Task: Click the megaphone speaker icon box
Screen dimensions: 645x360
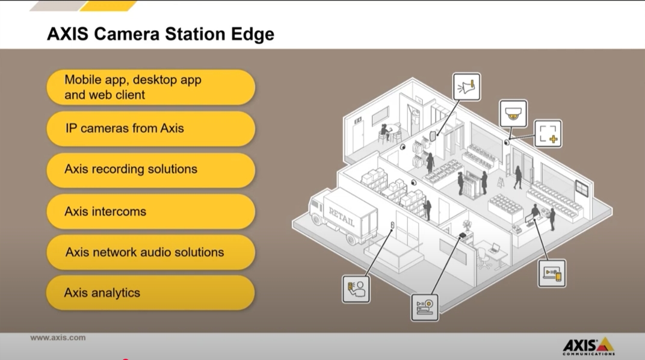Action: (x=466, y=87)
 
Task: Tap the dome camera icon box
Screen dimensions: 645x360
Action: (x=513, y=113)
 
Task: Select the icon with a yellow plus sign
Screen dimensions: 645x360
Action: (x=548, y=134)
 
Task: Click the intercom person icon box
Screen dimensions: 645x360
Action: (x=356, y=289)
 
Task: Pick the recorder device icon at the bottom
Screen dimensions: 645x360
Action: (x=425, y=308)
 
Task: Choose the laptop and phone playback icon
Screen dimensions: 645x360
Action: (x=552, y=273)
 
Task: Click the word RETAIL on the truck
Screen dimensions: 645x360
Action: (x=341, y=216)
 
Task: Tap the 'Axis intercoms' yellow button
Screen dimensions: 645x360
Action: (x=151, y=211)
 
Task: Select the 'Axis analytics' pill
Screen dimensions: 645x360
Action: (x=150, y=293)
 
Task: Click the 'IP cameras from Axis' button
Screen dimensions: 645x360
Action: (x=151, y=128)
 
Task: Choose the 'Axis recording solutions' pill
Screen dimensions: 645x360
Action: (x=151, y=170)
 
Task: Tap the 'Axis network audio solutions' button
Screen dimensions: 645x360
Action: (x=151, y=252)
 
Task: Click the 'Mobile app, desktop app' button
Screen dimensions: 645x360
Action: (x=151, y=87)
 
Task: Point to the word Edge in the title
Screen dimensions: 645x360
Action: (x=253, y=34)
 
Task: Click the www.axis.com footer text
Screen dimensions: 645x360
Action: (x=58, y=338)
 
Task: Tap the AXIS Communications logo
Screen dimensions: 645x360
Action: (x=588, y=346)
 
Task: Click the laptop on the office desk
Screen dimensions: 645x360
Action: (x=495, y=249)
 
